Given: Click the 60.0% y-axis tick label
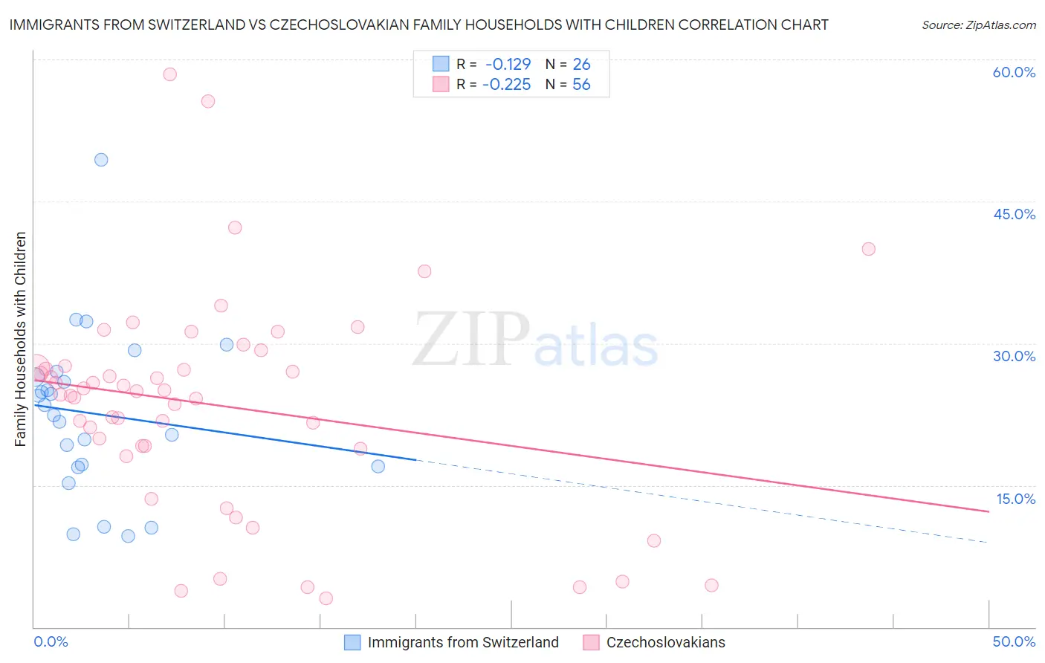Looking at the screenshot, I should [x=1014, y=72].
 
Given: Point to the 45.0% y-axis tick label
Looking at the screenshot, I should [x=1014, y=214].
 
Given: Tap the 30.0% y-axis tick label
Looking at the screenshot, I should [x=1014, y=356].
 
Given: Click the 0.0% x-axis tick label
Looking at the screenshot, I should [x=51, y=641].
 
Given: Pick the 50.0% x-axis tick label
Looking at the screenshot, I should [x=1014, y=641].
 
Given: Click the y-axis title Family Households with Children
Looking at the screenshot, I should [x=21, y=339].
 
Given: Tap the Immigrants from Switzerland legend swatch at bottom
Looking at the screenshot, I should [x=352, y=642].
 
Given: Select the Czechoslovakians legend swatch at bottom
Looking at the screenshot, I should [x=591, y=642].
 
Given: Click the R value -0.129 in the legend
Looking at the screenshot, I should [x=508, y=65].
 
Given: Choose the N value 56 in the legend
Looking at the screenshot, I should [x=581, y=85].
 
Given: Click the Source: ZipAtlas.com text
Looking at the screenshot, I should [x=978, y=25].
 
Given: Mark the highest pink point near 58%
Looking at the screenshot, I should [x=169, y=74].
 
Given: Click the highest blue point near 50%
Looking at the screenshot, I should [x=101, y=160].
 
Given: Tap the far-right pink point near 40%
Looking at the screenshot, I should [x=868, y=249].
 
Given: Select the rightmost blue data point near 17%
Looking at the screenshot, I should [x=378, y=467].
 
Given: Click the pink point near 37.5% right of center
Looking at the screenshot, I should [x=424, y=271].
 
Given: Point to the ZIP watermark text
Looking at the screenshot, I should [x=471, y=340].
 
